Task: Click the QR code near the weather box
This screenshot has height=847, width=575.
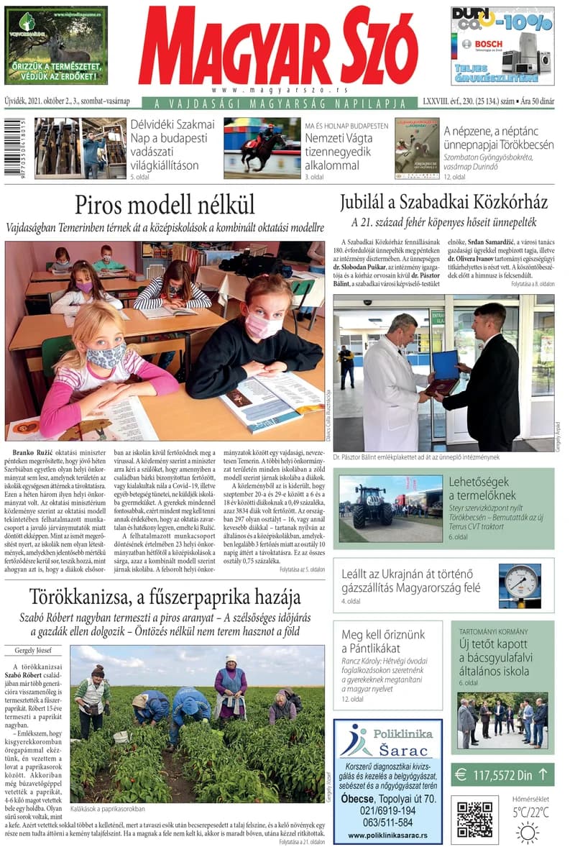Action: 474,819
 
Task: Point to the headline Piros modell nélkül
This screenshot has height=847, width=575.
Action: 165,205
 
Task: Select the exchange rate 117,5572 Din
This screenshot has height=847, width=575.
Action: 502,775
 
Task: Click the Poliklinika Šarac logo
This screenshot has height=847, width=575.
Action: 388,741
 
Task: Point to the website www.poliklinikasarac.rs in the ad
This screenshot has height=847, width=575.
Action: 387,835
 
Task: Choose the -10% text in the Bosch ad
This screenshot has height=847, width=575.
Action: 527,22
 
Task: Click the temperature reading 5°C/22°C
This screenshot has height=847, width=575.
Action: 530,812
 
